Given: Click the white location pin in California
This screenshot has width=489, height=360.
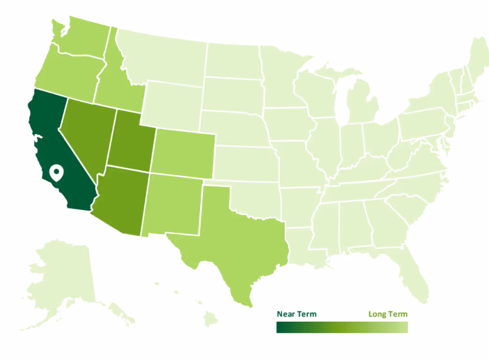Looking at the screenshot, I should (x=57, y=173).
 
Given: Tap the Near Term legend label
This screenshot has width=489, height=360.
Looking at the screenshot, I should (x=296, y=314).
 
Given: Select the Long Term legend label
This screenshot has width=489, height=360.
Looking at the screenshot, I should (x=388, y=314).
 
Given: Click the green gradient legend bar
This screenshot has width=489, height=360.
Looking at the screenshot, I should (x=342, y=327).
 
